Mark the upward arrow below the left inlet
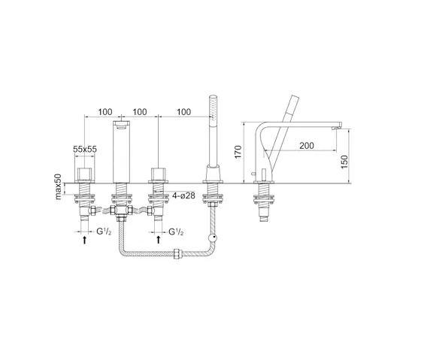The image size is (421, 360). point(83,239)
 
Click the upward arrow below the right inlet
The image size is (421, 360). point(159,239)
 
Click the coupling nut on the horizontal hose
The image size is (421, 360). point(177,255)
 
